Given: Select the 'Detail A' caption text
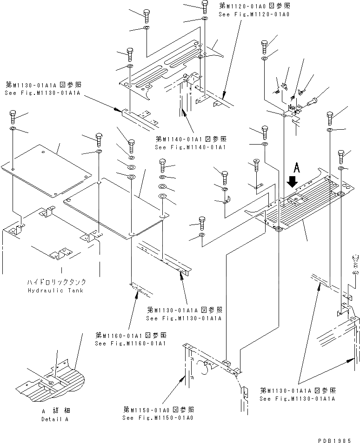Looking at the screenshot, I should point(54,419).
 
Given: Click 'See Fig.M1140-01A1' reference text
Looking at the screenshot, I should point(190,147).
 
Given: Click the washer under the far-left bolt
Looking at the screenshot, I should point(13,128).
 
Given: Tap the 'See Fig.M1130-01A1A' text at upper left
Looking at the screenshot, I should point(43,93).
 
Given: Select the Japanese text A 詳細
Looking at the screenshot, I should point(54,411).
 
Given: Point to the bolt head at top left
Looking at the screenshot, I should point(147,15).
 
